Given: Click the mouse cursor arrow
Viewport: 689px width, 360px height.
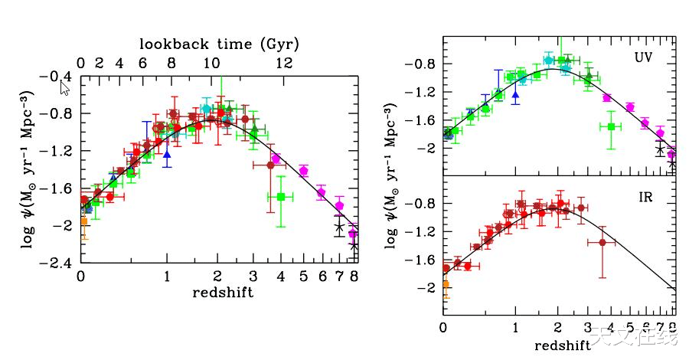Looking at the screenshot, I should point(64,87).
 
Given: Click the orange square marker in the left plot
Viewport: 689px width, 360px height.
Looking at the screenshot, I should point(83,221).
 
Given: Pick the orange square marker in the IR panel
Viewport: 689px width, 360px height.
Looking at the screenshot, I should point(445,284).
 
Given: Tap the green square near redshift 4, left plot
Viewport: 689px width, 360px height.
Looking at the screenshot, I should point(281,197).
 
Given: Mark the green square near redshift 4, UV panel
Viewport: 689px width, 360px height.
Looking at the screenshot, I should point(611,126).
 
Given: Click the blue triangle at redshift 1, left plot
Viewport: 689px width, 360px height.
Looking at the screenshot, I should point(167,154).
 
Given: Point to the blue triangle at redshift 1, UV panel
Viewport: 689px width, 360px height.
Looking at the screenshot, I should point(515,95).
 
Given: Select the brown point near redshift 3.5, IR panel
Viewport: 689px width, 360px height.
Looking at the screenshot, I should point(602,242).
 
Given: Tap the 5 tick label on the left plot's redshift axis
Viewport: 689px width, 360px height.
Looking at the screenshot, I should point(304,277).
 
